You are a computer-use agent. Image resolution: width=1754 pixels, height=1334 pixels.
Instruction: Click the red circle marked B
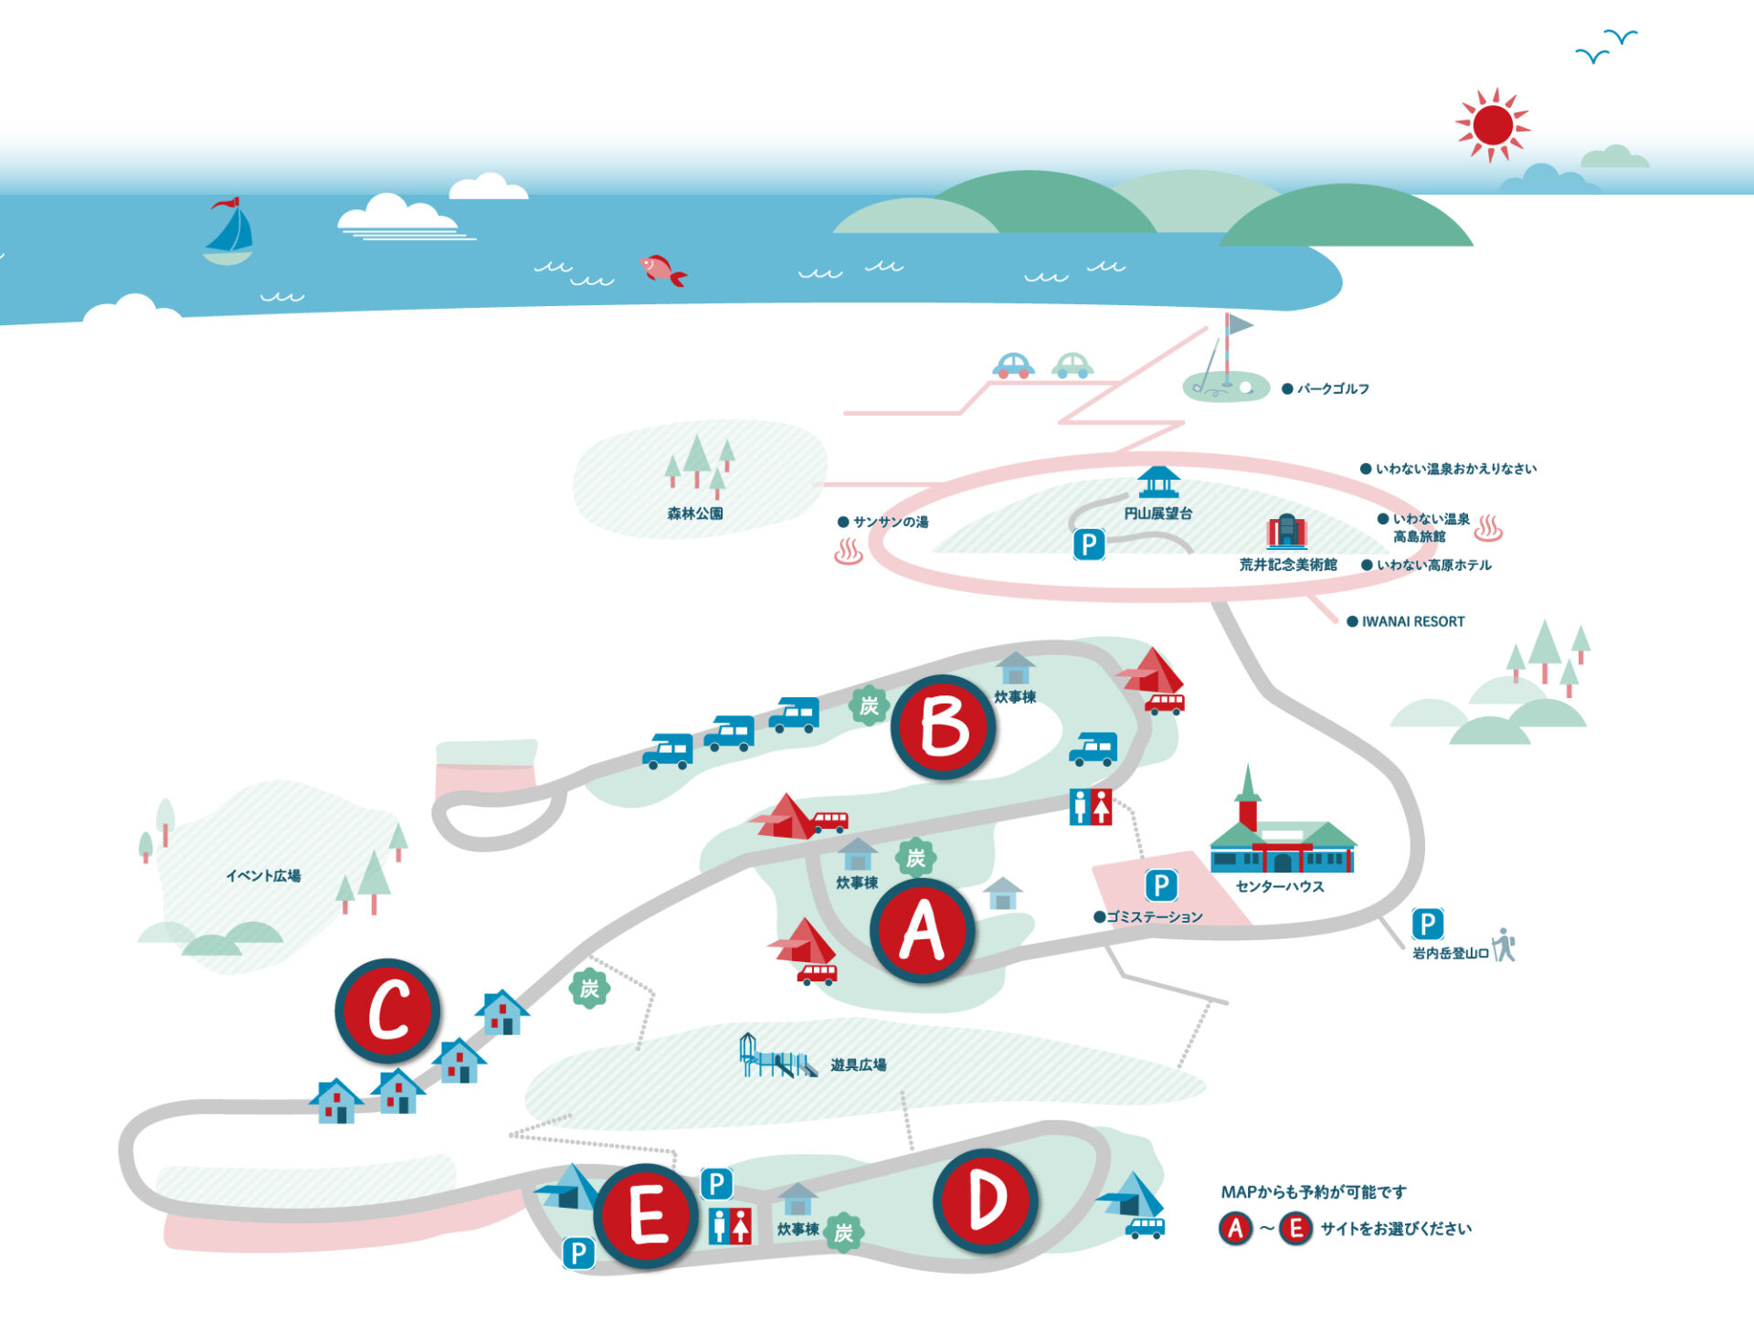(944, 727)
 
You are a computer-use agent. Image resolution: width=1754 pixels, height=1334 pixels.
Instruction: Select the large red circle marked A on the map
(923, 931)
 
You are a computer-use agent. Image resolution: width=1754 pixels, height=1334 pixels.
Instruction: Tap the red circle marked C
(388, 1011)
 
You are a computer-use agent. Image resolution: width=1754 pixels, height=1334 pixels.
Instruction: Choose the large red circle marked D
(986, 1201)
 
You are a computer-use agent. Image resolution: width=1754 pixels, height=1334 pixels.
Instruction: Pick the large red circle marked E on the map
(647, 1216)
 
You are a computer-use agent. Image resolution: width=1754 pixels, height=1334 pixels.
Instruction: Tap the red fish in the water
(662, 270)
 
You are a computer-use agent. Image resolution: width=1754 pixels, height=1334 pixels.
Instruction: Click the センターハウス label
(1279, 886)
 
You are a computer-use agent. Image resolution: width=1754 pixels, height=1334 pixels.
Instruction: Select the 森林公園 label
(695, 513)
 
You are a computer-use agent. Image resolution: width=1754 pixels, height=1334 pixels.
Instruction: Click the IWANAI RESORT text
(1412, 621)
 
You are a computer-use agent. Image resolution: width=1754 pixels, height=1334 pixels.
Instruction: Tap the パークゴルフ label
(1333, 389)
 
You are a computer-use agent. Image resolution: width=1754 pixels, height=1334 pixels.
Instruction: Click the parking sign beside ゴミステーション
(1161, 884)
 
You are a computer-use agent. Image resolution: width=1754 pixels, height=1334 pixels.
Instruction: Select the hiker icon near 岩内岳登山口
(1504, 945)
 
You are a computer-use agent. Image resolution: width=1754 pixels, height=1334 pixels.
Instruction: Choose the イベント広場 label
(263, 875)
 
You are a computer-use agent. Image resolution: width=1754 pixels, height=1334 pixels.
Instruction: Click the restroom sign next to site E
(731, 1225)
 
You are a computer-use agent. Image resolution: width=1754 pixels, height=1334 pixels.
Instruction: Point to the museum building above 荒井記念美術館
(1286, 531)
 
